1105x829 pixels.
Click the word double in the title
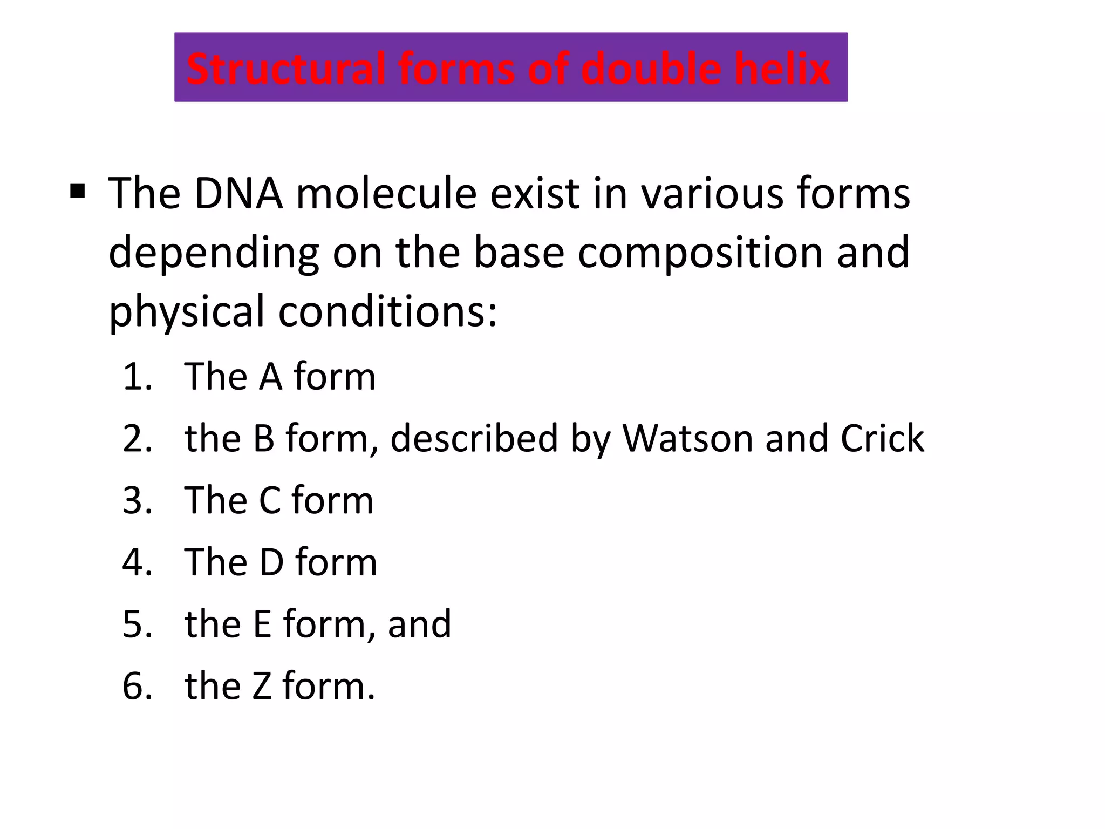click(652, 69)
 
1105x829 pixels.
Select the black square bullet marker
click(78, 191)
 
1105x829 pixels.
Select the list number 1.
click(137, 377)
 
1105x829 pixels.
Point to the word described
click(474, 438)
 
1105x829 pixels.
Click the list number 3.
click(137, 500)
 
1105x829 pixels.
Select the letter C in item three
click(270, 500)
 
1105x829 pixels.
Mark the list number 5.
click(137, 624)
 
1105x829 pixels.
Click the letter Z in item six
click(262, 687)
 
